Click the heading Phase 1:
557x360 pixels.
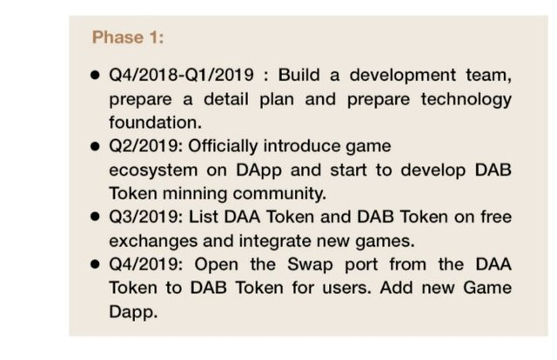tap(128, 37)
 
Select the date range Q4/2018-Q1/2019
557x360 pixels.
tap(181, 75)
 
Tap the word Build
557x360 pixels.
tap(299, 75)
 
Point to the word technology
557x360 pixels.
tap(466, 100)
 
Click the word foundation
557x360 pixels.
tap(155, 123)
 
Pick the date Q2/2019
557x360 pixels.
tap(145, 146)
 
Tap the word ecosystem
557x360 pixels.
tap(153, 170)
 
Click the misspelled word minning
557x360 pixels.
tap(195, 194)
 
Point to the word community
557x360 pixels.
tap(279, 194)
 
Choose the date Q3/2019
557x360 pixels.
tap(145, 217)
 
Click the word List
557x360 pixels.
tap(203, 217)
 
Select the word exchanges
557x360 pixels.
tap(153, 241)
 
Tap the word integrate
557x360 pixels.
tap(275, 241)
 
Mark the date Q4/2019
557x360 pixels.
tap(145, 264)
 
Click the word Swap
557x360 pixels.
tap(310, 265)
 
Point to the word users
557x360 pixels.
tap(346, 288)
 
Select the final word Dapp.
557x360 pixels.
tap(133, 312)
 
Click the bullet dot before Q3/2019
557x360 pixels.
tap(95, 217)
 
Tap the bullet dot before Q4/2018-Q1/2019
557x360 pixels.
tap(95, 75)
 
